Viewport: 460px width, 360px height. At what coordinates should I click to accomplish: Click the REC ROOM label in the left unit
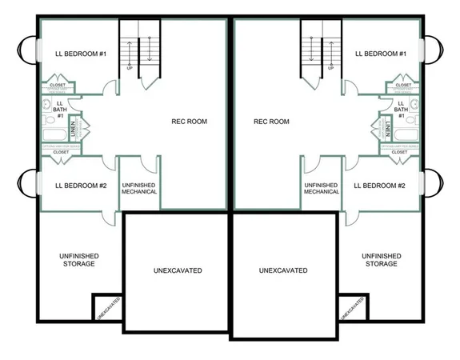(190, 122)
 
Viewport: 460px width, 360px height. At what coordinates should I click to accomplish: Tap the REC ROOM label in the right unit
(271, 122)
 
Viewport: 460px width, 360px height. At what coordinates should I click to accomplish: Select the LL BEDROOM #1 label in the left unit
(81, 54)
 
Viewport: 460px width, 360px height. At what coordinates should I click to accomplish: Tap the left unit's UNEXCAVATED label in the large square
(177, 270)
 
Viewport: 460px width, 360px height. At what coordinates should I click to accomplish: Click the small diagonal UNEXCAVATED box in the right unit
(350, 308)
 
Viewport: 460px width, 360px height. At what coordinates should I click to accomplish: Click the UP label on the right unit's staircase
(331, 68)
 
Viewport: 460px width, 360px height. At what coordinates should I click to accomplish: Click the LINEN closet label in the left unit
(72, 127)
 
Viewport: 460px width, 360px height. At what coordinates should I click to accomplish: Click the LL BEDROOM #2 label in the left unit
(81, 186)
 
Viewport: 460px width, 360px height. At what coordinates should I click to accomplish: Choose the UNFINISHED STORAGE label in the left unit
(80, 259)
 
